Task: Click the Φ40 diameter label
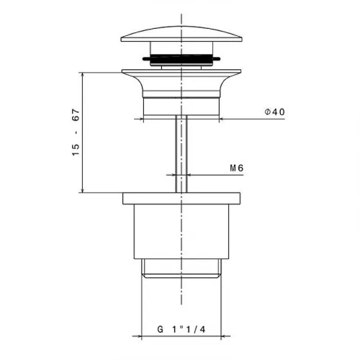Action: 275,112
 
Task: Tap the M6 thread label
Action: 237,168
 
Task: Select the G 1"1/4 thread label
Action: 181,329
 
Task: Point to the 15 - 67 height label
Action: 76,132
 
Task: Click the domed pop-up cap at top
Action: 181,35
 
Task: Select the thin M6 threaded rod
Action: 181,154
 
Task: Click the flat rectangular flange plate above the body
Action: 181,199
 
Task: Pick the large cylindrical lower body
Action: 181,232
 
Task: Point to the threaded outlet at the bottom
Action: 181,269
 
